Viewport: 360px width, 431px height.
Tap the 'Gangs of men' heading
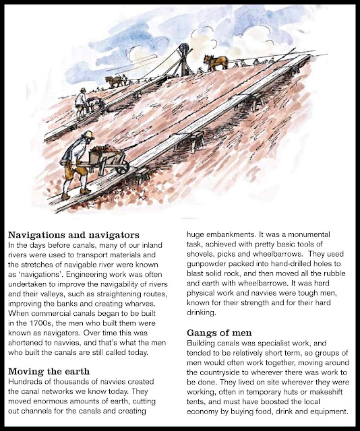coord(220,333)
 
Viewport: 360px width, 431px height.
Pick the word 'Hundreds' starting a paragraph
coord(26,382)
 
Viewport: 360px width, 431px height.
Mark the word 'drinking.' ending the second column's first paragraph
coord(205,314)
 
